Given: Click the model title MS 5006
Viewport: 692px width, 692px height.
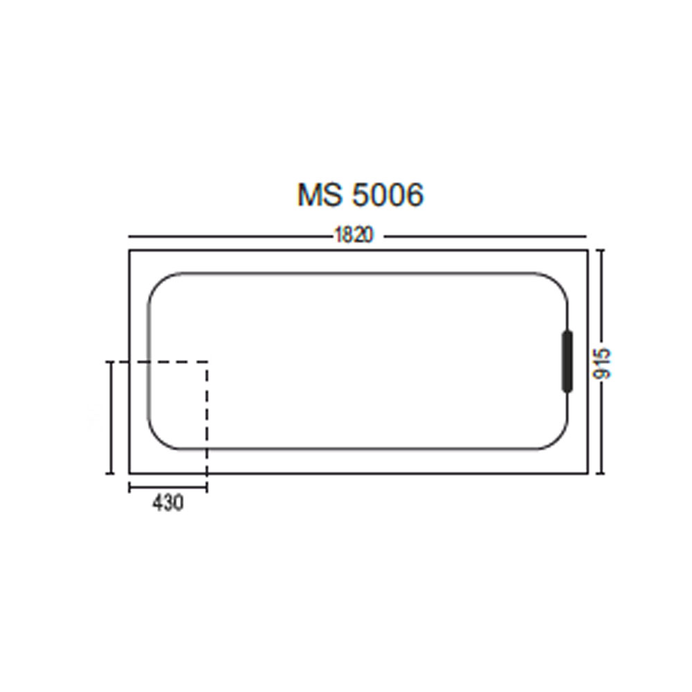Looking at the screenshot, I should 360,195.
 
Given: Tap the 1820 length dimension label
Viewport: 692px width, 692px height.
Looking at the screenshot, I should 354,236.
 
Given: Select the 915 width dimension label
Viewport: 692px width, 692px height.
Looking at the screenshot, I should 603,362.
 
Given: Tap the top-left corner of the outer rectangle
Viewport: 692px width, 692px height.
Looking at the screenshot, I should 129,251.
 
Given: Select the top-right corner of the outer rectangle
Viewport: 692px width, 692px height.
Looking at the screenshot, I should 589,251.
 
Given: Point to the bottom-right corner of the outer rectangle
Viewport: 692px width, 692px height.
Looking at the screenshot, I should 589,474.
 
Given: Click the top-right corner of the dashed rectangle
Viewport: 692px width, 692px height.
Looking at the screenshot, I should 207,361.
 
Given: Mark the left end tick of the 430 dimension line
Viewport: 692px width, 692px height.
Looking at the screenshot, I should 129,487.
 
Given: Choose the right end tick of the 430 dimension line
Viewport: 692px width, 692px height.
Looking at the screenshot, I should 207,487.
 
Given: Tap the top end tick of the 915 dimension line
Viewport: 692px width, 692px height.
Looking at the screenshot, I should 601,251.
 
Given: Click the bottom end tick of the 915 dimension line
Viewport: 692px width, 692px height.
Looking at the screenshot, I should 601,474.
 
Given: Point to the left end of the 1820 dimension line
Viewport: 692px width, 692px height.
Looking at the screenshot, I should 129,235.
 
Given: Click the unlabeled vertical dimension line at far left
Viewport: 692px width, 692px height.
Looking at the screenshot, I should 109,417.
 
